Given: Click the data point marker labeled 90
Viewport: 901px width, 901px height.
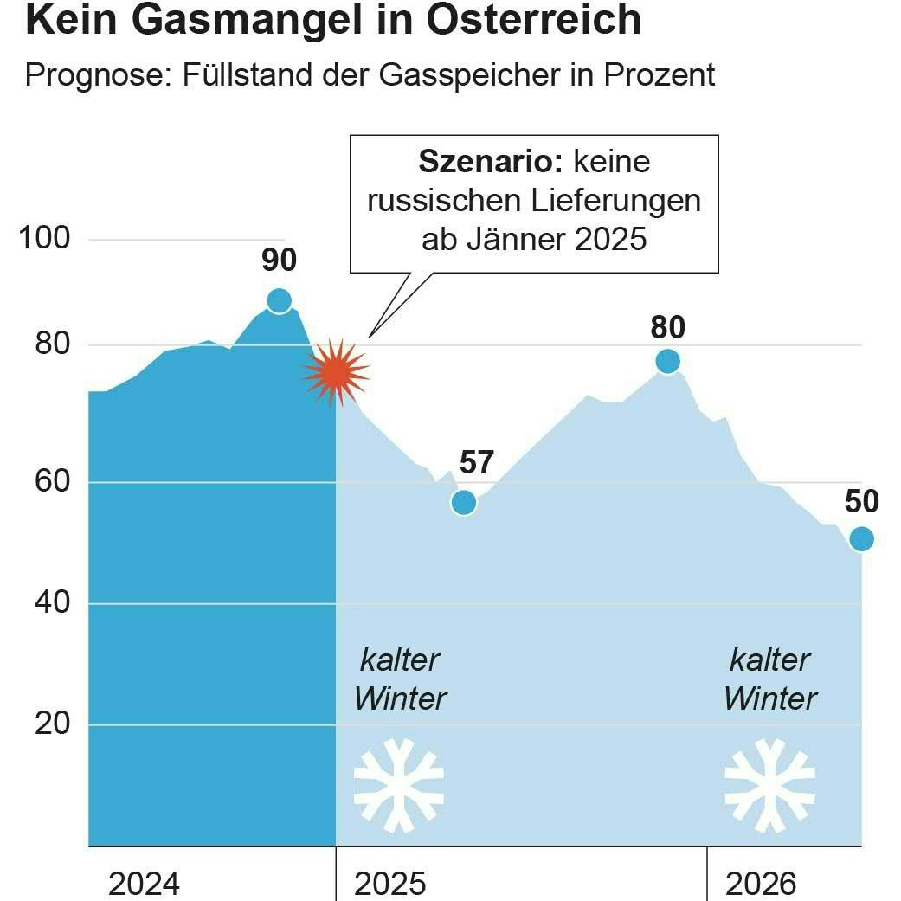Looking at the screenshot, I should (x=279, y=300).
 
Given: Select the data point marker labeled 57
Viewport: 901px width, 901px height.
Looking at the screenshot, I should (x=464, y=502).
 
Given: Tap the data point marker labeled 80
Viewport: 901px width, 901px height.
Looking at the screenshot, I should (x=667, y=361).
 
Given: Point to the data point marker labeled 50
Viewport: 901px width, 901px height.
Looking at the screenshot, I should (x=861, y=539).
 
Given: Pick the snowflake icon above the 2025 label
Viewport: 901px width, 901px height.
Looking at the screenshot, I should (x=399, y=786).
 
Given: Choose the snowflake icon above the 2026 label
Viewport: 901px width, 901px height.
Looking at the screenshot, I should (x=769, y=786).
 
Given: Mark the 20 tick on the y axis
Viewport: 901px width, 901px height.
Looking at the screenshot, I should (x=52, y=724).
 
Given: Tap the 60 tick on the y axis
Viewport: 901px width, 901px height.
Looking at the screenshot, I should (x=52, y=481).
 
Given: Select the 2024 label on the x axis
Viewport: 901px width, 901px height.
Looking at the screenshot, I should (x=144, y=884).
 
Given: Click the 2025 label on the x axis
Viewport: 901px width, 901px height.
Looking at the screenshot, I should (x=390, y=884).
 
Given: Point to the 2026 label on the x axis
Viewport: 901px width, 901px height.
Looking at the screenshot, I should (x=760, y=884).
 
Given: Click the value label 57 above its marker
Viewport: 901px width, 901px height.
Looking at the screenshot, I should (x=476, y=463).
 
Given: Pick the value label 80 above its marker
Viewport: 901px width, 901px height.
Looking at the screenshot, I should (x=667, y=327).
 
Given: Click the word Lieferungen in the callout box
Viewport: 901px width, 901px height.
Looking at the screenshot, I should (x=611, y=201).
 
